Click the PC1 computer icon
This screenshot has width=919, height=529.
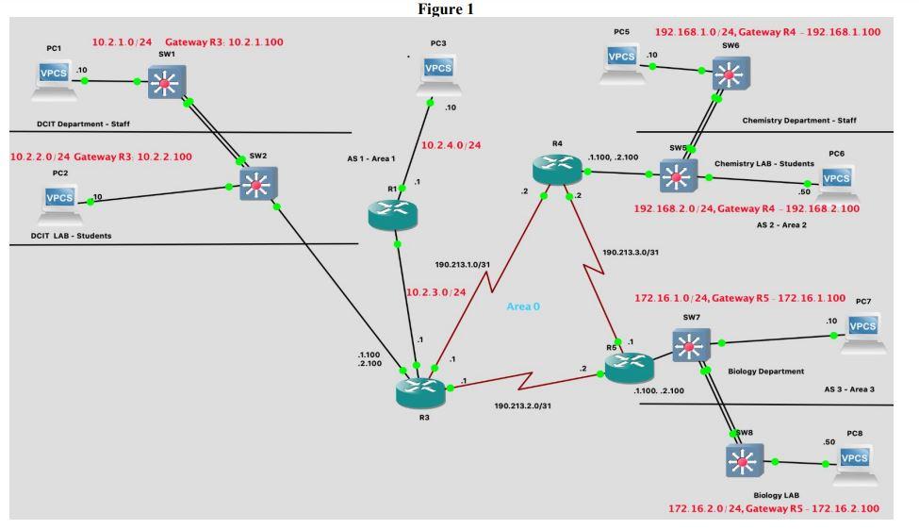54,81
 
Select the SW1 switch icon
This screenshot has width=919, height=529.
167,81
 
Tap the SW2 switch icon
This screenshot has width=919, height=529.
258,184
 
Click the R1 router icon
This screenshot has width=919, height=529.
393,214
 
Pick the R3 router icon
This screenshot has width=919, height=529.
420,393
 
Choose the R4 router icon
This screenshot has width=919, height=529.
557,170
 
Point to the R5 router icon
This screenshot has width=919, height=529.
630,368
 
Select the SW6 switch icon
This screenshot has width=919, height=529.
730,74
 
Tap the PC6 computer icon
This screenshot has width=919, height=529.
836,182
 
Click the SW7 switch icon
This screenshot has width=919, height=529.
691,345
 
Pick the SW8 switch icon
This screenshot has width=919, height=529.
745,461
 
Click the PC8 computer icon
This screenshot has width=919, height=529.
855,464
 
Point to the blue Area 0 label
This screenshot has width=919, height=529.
523,306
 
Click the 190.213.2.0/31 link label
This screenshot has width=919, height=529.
522,405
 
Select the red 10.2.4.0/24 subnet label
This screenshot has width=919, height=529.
451,145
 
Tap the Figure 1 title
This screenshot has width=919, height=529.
446,8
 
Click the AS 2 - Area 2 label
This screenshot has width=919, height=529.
781,225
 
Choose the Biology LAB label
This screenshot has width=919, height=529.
776,496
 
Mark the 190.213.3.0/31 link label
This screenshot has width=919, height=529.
631,253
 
